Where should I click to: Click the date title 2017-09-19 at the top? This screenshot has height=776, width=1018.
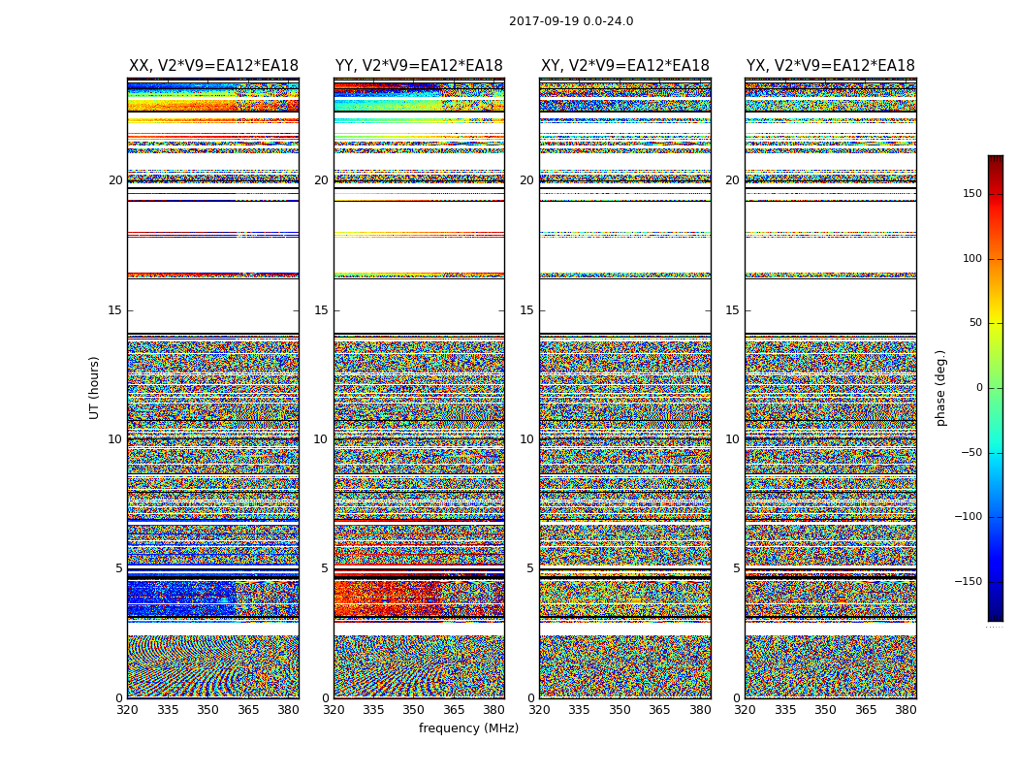(570, 21)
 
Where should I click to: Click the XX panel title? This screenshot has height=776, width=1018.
(213, 66)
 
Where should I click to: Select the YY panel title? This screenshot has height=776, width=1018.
(419, 66)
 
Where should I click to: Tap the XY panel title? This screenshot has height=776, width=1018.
(624, 66)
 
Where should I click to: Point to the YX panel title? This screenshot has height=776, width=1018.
(830, 66)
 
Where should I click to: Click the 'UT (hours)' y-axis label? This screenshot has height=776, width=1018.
(95, 387)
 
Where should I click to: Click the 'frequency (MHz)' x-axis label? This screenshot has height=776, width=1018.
(468, 728)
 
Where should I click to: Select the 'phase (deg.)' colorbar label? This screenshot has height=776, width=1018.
(940, 387)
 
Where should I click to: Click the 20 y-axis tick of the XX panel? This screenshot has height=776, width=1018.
(115, 180)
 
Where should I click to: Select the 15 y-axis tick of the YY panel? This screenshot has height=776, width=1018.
(321, 310)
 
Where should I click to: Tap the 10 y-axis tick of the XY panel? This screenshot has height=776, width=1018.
(526, 439)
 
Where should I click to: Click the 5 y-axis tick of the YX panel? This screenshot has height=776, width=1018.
(736, 568)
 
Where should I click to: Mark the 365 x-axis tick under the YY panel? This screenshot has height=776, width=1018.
(454, 710)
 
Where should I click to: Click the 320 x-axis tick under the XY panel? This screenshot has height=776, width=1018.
(539, 710)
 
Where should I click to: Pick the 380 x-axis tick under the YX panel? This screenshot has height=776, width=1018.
(906, 710)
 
